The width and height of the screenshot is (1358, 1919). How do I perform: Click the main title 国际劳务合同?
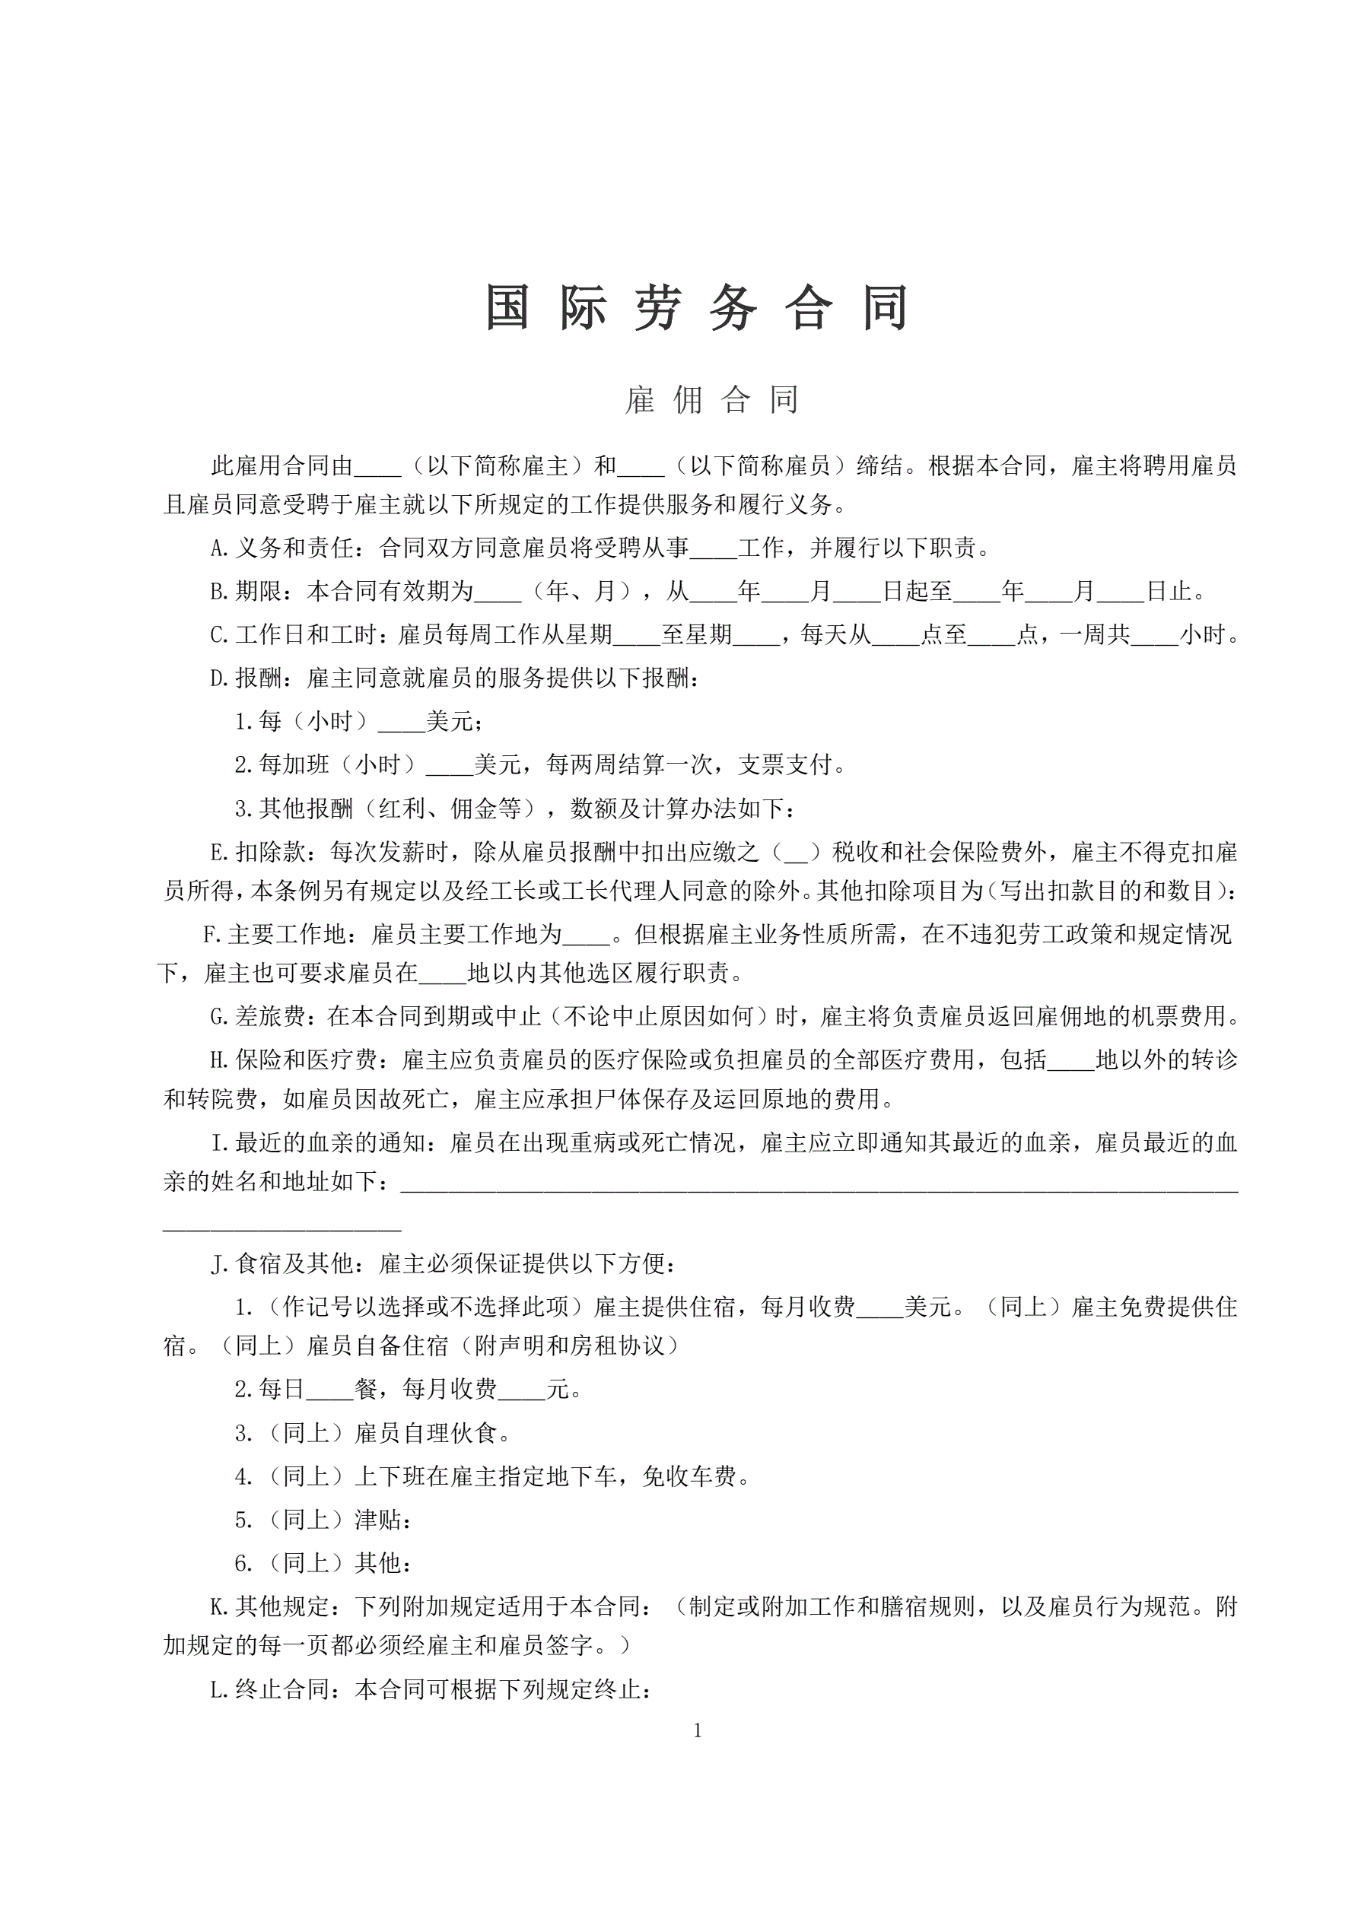pyautogui.click(x=697, y=307)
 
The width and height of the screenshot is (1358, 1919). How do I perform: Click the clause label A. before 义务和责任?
pyautogui.click(x=220, y=548)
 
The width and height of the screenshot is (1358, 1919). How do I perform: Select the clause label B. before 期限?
pyautogui.click(x=220, y=592)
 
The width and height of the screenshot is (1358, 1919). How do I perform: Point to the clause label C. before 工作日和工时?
pyautogui.click(x=220, y=635)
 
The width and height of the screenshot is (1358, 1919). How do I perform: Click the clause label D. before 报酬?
pyautogui.click(x=220, y=678)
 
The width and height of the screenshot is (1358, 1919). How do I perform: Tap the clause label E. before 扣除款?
pyautogui.click(x=220, y=853)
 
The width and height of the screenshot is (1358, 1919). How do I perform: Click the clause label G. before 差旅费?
pyautogui.click(x=220, y=1016)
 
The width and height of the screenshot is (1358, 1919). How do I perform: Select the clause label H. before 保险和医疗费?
pyautogui.click(x=220, y=1060)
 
